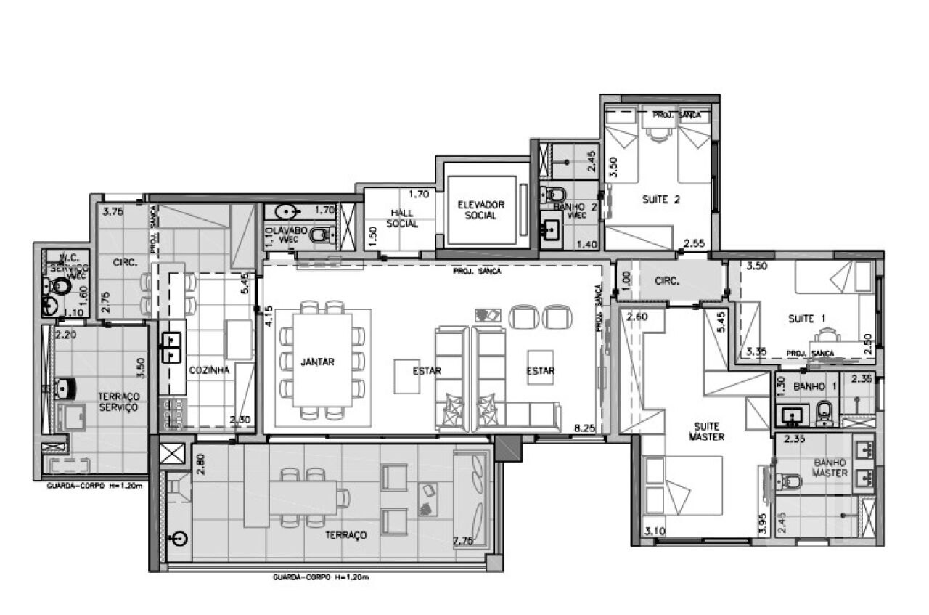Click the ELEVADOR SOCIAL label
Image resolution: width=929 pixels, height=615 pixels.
pyautogui.click(x=480, y=211)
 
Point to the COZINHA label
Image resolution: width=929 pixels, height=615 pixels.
pyautogui.click(x=209, y=370)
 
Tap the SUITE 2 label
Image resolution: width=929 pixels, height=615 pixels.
pyautogui.click(x=660, y=200)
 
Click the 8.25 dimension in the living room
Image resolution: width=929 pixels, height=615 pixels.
pyautogui.click(x=584, y=428)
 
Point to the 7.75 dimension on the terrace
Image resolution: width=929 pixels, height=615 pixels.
pyautogui.click(x=463, y=540)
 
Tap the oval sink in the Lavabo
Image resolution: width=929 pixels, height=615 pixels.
pyautogui.click(x=288, y=212)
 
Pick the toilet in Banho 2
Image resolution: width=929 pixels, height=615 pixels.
pyautogui.click(x=557, y=195)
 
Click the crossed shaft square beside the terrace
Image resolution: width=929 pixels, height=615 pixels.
pyautogui.click(x=171, y=455)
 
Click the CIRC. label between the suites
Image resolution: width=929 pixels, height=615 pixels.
pyautogui.click(x=666, y=281)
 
